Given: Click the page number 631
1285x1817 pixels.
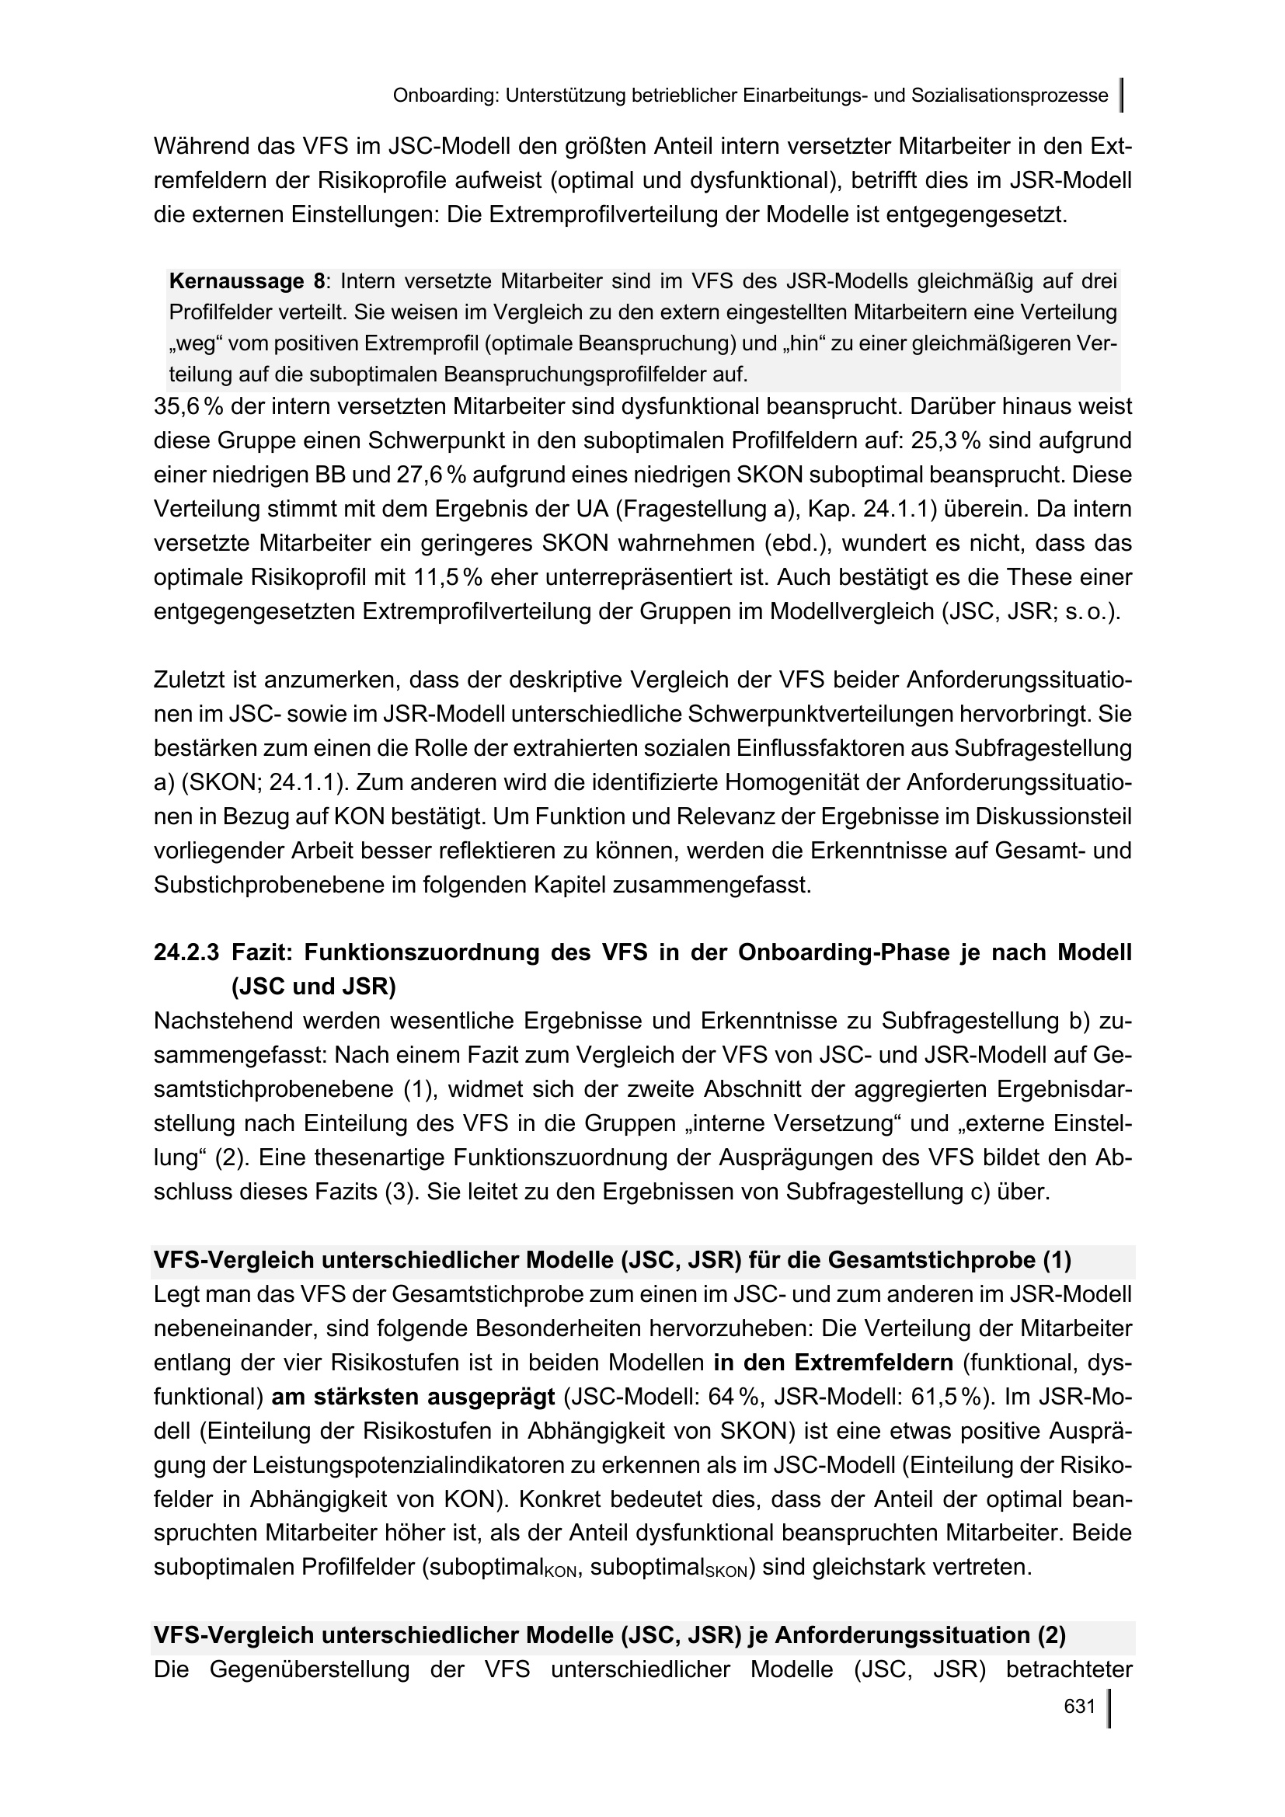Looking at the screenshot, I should tap(1078, 1706).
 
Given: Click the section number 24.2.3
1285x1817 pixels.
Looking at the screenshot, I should tap(186, 953).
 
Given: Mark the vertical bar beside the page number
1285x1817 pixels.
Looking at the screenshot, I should tap(1109, 1707).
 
